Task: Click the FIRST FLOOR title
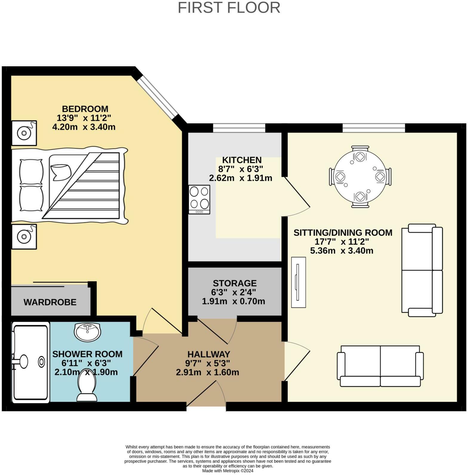[x=229, y=8]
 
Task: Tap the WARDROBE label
[x=50, y=302]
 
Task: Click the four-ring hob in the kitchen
[x=199, y=199]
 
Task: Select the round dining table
[x=360, y=177]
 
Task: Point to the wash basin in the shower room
[x=87, y=332]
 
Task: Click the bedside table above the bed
[x=24, y=133]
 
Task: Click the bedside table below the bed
[x=24, y=237]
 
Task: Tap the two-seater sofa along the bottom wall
[x=380, y=366]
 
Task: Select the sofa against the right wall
[x=422, y=270]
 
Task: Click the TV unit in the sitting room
[x=298, y=282]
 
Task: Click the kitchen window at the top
[x=239, y=128]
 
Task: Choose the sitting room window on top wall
[x=373, y=128]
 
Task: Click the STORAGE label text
[x=235, y=283]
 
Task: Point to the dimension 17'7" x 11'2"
[x=342, y=241]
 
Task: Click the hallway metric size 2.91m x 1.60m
[x=207, y=372]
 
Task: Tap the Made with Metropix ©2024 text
[x=228, y=471]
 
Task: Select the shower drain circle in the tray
[x=41, y=362]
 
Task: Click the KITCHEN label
[x=242, y=160]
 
